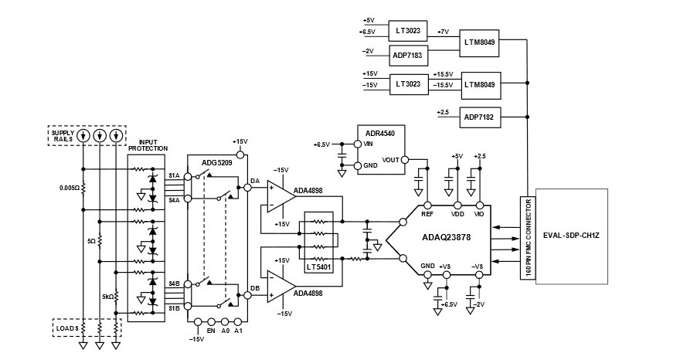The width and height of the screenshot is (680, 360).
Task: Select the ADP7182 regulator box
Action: tap(481, 117)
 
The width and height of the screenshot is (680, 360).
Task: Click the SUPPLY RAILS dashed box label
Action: tap(63, 134)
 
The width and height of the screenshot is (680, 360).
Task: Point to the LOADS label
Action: tap(65, 328)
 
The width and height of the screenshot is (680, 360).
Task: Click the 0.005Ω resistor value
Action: tap(69, 188)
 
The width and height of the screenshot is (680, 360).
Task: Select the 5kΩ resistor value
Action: tap(108, 296)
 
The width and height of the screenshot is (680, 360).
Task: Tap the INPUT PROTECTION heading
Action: tap(148, 146)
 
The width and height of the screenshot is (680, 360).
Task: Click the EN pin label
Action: tap(210, 331)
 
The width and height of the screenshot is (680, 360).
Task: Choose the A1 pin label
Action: tap(238, 331)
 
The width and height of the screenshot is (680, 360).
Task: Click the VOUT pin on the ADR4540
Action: tap(390, 161)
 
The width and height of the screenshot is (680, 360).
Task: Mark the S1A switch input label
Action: tap(175, 176)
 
